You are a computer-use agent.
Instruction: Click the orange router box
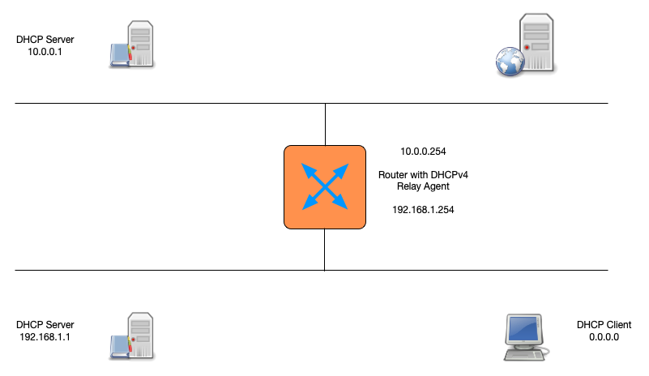[324, 186]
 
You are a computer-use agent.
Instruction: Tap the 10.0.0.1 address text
[45, 51]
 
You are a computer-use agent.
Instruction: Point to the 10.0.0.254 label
[424, 152]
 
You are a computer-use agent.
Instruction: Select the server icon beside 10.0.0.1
[132, 45]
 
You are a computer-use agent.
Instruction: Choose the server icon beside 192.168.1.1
[132, 335]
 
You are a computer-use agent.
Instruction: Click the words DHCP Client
[604, 324]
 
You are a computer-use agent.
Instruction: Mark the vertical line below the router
[325, 249]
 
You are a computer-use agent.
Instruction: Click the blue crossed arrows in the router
[324, 186]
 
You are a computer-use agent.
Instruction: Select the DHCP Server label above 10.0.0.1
[45, 39]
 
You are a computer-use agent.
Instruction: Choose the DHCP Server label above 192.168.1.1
[45, 324]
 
